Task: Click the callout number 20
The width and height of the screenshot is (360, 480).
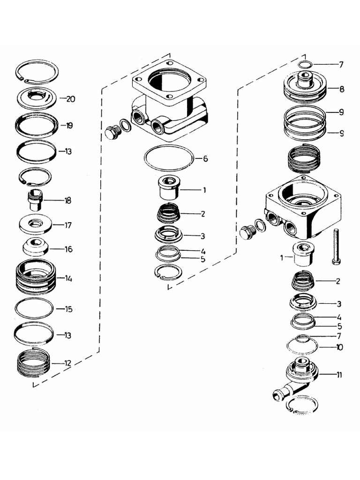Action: [x=71, y=99]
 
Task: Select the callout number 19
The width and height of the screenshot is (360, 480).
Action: [x=69, y=126]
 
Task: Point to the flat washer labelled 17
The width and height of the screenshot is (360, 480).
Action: [x=36, y=224]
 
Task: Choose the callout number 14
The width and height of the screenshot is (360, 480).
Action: [x=68, y=278]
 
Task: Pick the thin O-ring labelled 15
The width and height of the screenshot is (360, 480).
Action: [x=34, y=308]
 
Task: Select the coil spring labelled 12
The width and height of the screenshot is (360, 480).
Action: [x=33, y=363]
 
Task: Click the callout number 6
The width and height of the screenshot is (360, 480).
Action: [x=204, y=158]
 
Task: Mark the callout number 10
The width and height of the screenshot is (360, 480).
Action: [x=339, y=347]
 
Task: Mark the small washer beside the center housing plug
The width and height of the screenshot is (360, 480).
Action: [x=126, y=125]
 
